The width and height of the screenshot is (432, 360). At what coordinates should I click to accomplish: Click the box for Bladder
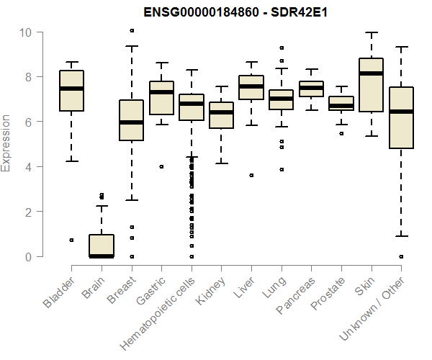(71, 91)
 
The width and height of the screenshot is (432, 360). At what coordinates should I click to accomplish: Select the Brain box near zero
(102, 246)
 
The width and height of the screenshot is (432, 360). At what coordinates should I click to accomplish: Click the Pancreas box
(311, 89)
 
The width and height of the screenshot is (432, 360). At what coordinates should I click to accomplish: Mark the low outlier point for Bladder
(71, 240)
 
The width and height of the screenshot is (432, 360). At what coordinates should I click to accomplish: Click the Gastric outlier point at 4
(161, 166)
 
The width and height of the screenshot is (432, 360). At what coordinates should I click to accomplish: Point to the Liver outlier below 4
(251, 175)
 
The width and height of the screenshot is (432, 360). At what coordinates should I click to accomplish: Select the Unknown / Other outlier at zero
(401, 256)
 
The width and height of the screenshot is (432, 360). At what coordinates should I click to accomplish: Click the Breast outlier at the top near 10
(131, 30)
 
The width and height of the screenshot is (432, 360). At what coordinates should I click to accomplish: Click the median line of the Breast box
(131, 122)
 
